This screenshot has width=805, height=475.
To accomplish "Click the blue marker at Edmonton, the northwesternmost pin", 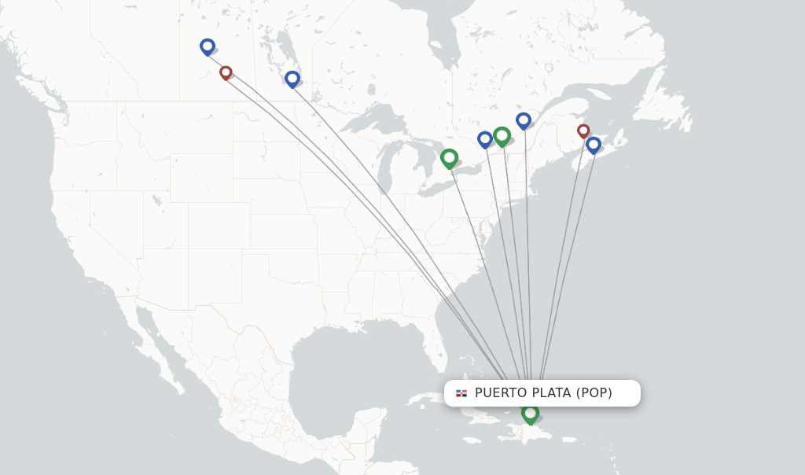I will [x=208, y=46].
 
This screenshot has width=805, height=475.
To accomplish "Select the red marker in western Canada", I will [x=226, y=72].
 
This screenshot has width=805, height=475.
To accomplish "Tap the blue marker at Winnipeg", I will [x=292, y=79].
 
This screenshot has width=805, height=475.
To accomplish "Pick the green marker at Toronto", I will [x=449, y=158].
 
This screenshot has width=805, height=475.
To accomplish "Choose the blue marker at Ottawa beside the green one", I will [x=485, y=139].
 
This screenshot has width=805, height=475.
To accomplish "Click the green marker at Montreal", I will [x=502, y=136].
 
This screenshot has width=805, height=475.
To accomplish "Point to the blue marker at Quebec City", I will [x=524, y=120].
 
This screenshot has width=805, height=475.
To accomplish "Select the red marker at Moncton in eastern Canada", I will [x=583, y=131].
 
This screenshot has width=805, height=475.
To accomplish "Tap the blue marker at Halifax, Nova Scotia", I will [x=594, y=145].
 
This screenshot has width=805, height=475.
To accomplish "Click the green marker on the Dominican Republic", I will [x=530, y=413].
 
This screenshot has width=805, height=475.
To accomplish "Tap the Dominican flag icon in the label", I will [x=461, y=393].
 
